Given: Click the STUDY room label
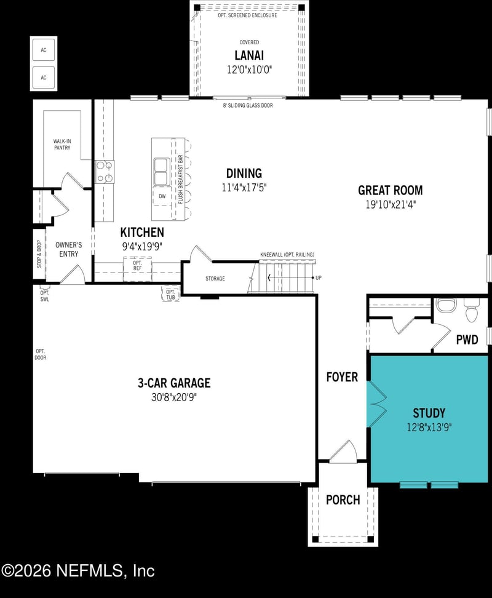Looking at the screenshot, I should click(429, 413).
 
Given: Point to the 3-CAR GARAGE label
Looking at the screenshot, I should click(173, 383).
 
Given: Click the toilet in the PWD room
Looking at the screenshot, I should click(472, 312).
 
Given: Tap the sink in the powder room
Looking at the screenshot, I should click(444, 305).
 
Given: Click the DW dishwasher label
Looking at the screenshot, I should click(162, 196).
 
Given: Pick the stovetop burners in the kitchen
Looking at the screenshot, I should click(105, 172).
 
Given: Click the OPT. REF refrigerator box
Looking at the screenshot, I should click(137, 265).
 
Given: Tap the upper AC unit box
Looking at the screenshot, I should click(44, 50).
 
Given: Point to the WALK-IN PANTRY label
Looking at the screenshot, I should click(61, 145).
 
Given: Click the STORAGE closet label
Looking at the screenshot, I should click(215, 279).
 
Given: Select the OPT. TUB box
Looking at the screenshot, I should click(170, 295).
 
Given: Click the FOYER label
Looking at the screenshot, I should click(342, 377).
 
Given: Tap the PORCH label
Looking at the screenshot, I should click(343, 500).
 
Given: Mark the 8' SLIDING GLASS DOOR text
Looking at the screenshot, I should click(248, 106).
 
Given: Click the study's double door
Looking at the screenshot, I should click(376, 404).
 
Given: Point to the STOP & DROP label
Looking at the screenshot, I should click(39, 253).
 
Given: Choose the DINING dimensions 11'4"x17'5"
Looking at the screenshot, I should click(244, 188).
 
